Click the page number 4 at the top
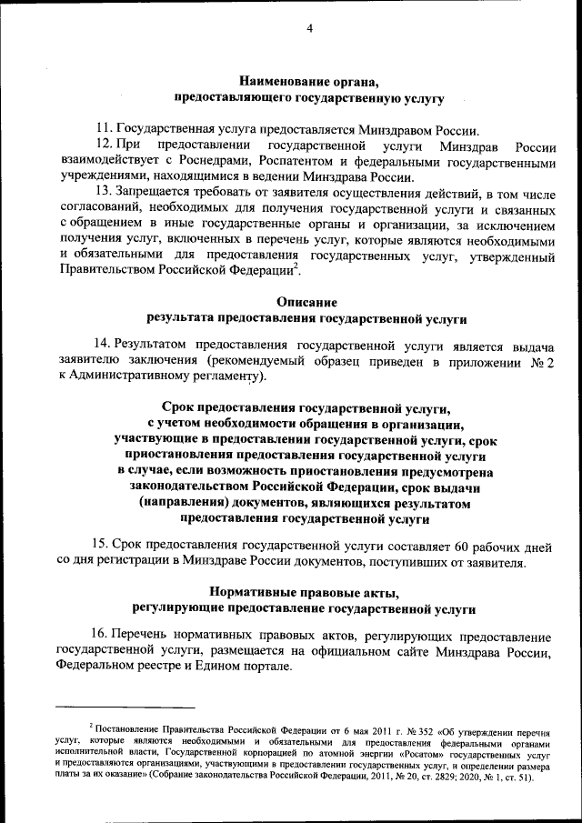(x=309, y=28)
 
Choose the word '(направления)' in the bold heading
(x=186, y=503)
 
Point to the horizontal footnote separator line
(x=125, y=706)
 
